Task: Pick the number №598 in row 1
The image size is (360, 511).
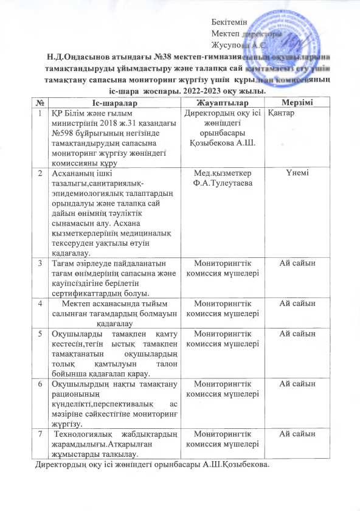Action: pos(64,133)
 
